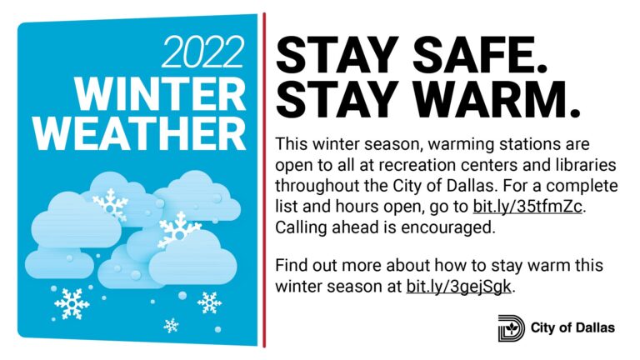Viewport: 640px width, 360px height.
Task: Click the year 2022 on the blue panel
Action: coord(202,52)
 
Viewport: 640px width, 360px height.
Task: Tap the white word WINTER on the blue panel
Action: coord(160,94)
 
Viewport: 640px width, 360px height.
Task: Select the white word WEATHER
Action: coord(140,134)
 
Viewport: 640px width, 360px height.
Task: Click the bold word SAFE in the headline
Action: coord(480,54)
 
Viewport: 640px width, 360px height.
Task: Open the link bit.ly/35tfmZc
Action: coord(527,207)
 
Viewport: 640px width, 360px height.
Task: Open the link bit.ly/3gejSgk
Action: coord(459,286)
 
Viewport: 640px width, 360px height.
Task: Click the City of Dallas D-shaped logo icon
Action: coord(512,328)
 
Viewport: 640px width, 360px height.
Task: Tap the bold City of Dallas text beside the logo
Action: coord(572,327)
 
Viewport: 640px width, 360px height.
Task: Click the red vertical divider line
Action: coord(264,180)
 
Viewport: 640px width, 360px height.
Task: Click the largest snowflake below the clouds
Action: coord(72,304)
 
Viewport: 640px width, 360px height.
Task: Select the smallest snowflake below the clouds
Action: coord(171,325)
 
